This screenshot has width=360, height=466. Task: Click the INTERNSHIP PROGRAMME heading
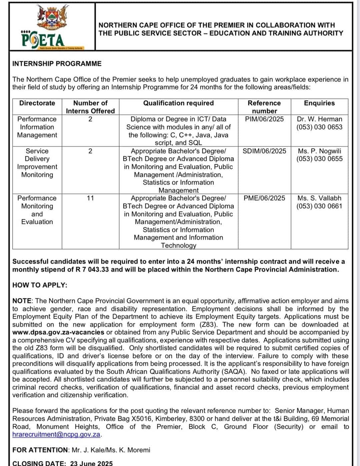click(x=57, y=64)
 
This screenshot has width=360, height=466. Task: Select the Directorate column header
click(x=37, y=103)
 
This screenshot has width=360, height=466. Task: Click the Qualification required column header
click(x=178, y=103)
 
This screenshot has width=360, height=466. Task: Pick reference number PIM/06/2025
click(x=264, y=119)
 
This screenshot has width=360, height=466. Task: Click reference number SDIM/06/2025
click(x=264, y=151)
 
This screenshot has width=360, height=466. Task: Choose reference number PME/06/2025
click(x=264, y=198)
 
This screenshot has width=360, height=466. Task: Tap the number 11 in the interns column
click(x=90, y=198)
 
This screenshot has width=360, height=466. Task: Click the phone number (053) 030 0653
click(x=319, y=127)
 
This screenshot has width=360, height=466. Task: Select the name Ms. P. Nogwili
click(x=319, y=151)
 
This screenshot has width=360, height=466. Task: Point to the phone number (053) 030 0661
click(x=319, y=206)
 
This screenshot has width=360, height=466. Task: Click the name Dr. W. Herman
click(x=319, y=119)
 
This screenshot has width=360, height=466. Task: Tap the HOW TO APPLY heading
click(x=40, y=285)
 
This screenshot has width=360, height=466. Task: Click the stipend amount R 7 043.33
click(x=92, y=269)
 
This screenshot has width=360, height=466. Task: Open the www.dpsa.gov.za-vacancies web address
click(x=58, y=332)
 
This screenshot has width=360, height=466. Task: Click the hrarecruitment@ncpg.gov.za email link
click(x=56, y=435)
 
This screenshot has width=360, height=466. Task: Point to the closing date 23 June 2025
click(x=91, y=463)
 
